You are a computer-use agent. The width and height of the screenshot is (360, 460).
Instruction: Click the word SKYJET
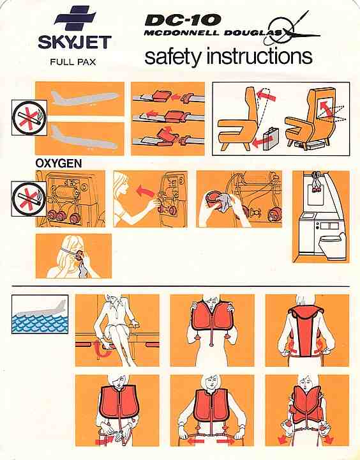pyautogui.click(x=75, y=43)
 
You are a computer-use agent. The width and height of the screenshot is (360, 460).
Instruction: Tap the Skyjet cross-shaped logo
pyautogui.click(x=75, y=18)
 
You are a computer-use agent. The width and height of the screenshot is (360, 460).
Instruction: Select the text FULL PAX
pyautogui.click(x=73, y=62)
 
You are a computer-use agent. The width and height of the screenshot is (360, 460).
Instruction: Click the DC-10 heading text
pyautogui.click(x=183, y=20)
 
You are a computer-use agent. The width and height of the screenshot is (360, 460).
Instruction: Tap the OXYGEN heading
pyautogui.click(x=58, y=164)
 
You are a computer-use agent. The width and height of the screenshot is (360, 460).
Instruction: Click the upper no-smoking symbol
pyautogui.click(x=29, y=118)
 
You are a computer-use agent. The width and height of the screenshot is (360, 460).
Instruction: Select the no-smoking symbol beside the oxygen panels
pyautogui.click(x=29, y=199)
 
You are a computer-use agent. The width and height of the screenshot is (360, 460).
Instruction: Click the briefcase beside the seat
pyautogui.click(x=271, y=141)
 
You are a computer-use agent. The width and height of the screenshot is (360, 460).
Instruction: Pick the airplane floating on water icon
pyautogui.click(x=40, y=314)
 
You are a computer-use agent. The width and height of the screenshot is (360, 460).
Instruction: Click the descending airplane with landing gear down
pyautogui.click(x=84, y=138)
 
